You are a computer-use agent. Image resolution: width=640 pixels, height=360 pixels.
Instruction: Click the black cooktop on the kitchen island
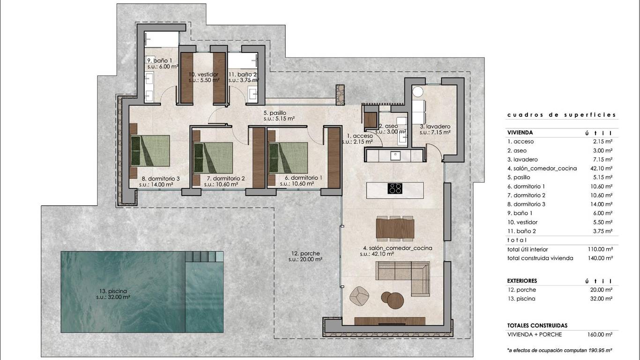(x=395, y=189)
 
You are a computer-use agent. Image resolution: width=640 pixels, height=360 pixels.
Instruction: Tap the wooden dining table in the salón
(x=395, y=228)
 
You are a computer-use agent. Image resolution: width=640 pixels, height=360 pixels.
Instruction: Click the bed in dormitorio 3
(x=150, y=150)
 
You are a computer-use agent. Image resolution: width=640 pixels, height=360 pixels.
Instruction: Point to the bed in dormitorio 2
(x=213, y=157)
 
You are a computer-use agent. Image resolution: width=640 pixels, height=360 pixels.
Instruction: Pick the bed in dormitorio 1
(x=288, y=157)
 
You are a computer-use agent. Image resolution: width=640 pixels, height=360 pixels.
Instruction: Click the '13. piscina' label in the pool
(x=113, y=291)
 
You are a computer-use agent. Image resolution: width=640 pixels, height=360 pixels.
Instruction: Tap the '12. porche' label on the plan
(x=305, y=253)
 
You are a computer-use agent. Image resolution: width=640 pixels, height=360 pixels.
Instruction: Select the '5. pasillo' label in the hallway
(x=275, y=113)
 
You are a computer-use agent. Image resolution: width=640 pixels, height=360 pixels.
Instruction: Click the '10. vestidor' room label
(x=203, y=75)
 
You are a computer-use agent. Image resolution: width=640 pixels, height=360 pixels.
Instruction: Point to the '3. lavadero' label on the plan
(x=435, y=127)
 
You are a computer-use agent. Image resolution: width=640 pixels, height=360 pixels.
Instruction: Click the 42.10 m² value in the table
(x=602, y=168)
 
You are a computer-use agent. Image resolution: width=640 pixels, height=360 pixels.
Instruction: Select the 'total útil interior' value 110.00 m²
(x=600, y=249)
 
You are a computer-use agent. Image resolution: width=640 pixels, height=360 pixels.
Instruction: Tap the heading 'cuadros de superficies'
(x=562, y=115)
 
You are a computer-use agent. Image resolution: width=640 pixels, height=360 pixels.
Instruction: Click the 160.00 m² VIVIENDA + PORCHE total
(x=600, y=335)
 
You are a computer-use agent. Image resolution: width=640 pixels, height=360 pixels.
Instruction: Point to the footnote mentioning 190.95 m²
(x=560, y=350)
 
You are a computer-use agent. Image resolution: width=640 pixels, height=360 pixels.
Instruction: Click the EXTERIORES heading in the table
(x=522, y=281)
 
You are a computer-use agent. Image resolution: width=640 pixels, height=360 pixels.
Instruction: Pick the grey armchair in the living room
(x=359, y=296)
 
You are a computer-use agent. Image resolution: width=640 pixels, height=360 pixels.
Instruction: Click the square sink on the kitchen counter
(x=395, y=156)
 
